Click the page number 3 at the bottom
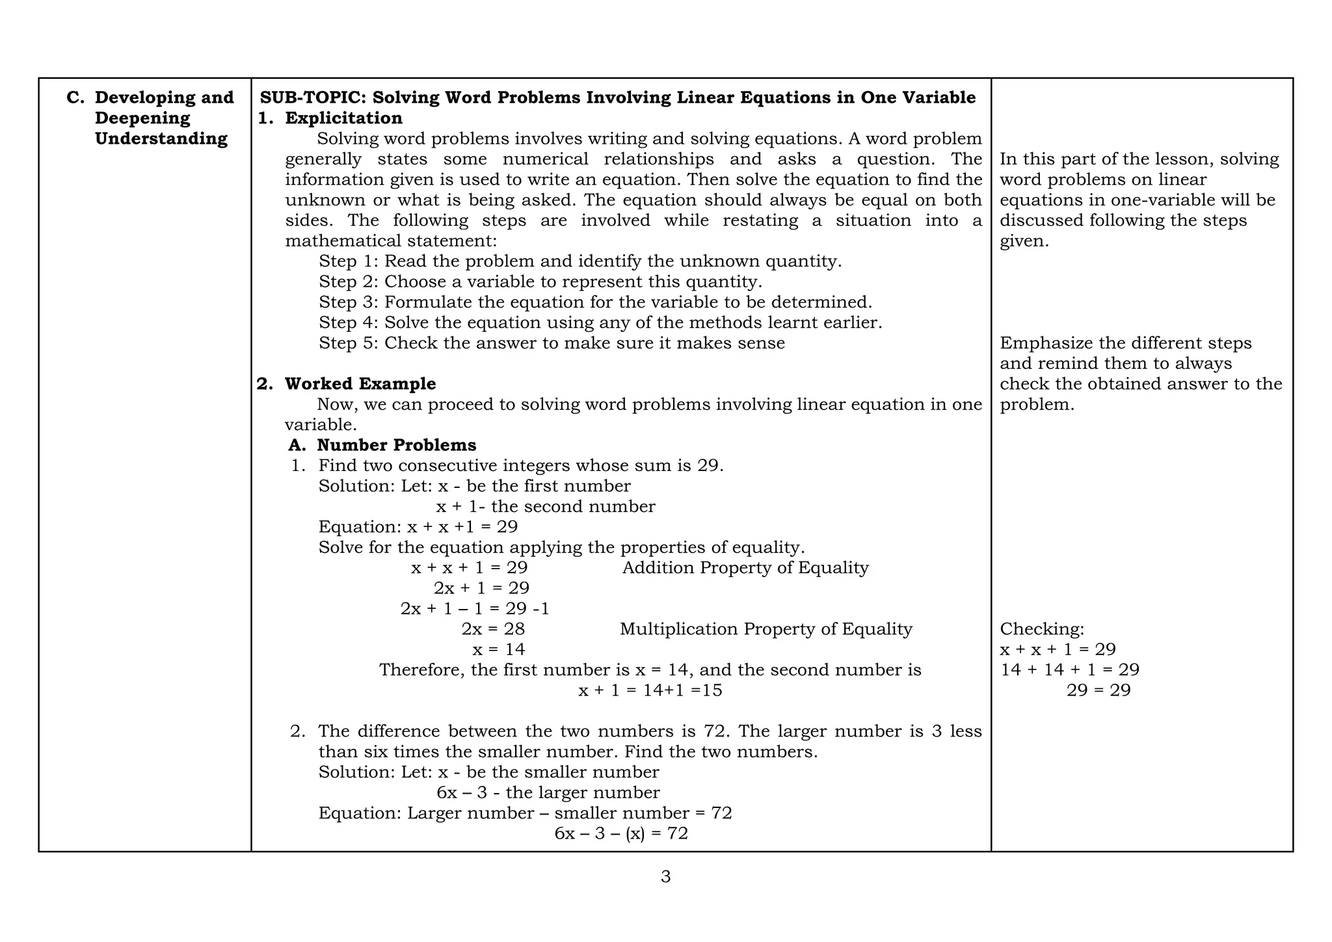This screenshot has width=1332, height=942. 665,877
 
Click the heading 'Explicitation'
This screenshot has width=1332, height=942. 343,118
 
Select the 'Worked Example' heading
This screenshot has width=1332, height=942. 360,384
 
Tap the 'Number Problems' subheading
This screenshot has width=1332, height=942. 396,445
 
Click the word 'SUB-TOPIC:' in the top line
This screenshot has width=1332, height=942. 313,98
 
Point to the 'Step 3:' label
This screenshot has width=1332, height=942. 349,303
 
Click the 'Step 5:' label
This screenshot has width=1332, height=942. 349,343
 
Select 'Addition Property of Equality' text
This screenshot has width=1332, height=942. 745,568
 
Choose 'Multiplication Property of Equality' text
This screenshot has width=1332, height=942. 766,629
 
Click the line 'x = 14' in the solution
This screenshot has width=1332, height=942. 498,649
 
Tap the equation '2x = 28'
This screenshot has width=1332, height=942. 493,629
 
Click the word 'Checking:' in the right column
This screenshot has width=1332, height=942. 1042,629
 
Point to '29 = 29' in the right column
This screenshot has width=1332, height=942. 1099,690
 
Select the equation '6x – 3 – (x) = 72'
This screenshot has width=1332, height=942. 621,833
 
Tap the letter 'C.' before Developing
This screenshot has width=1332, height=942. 76,98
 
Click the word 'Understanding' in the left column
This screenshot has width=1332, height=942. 161,139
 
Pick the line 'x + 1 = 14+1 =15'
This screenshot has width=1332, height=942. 650,690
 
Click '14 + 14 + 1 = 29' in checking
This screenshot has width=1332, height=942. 1069,670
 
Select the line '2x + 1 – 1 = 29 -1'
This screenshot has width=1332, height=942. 475,609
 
